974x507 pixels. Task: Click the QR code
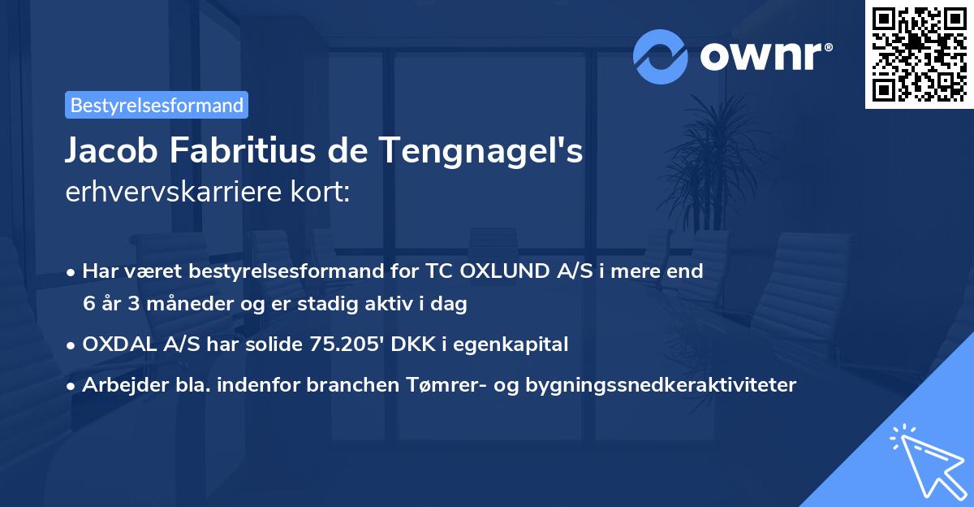pos(920,54)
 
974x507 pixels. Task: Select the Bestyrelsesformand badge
pos(157,105)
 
